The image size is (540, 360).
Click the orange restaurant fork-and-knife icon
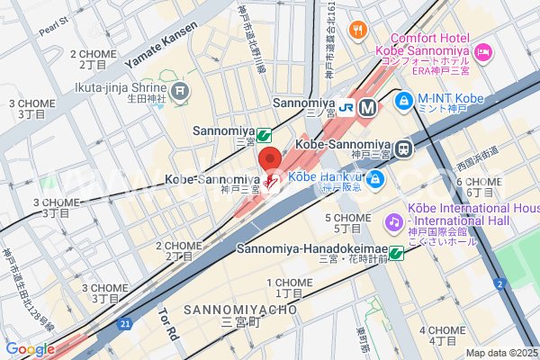(x=357, y=29)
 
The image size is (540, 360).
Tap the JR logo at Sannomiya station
(x=346, y=107)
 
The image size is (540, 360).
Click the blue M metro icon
(x=366, y=107)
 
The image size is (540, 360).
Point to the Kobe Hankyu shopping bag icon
(x=376, y=179)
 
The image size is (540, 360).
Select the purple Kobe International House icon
(x=393, y=220)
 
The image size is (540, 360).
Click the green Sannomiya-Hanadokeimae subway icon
(x=395, y=253)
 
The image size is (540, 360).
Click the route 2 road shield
(x=499, y=284)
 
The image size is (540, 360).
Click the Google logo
(x=30, y=349)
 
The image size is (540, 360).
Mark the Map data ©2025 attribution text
(x=500, y=353)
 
